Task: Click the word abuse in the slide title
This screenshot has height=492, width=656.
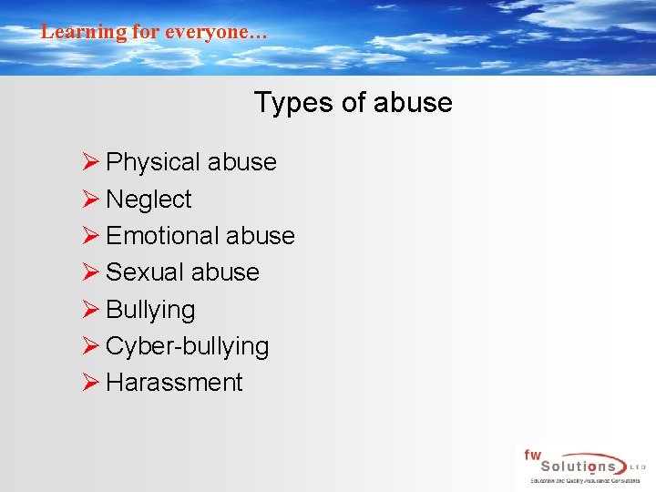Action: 415,102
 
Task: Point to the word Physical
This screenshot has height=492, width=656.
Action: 153,162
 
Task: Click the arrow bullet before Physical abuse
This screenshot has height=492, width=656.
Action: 89,162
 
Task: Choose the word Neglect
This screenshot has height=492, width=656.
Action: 149,200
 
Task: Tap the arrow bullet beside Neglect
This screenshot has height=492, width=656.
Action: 89,199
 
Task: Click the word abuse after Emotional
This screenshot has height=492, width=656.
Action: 261,236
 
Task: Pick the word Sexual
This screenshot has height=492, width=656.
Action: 144,272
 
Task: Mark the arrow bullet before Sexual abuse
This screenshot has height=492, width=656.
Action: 89,272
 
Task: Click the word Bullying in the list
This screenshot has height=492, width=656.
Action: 150,310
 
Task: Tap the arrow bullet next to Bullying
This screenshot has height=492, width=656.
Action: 89,309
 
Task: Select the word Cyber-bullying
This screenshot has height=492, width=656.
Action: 187,346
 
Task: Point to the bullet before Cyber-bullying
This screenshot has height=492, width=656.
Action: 89,346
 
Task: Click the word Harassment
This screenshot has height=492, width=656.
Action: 174,383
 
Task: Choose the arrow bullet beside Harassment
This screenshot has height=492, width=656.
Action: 89,383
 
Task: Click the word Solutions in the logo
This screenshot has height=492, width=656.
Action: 578,466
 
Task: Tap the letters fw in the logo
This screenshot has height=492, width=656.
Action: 532,454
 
